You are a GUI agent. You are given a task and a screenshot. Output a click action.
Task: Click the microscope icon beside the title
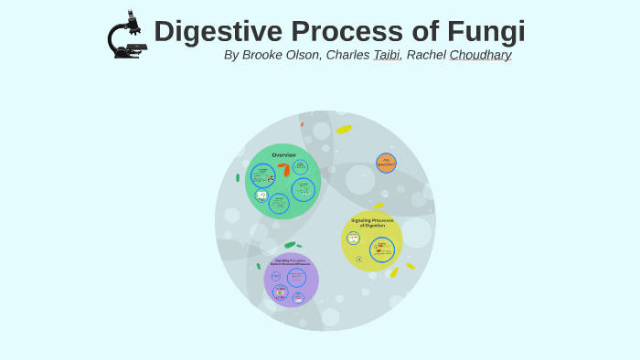pyautogui.click(x=126, y=36)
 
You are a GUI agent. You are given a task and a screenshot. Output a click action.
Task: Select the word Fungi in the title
pyautogui.click(x=485, y=31)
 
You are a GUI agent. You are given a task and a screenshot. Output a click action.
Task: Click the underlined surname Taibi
pyautogui.click(x=386, y=55)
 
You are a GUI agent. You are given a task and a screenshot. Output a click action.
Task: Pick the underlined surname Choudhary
pyautogui.click(x=480, y=55)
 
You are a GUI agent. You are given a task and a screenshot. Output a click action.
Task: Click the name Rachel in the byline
pyautogui.click(x=426, y=55)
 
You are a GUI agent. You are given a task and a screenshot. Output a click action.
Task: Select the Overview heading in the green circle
pyautogui.click(x=283, y=154)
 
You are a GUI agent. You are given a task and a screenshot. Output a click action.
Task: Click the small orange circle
pyautogui.click(x=386, y=163)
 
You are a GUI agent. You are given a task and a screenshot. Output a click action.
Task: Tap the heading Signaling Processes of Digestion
pyautogui.click(x=372, y=222)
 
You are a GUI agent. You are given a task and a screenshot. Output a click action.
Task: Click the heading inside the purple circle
pyautogui.click(x=291, y=262)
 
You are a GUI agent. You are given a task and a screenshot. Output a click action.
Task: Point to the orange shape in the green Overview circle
pyautogui.click(x=285, y=169)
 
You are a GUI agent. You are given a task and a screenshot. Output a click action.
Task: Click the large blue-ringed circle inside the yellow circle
pyautogui.click(x=382, y=249)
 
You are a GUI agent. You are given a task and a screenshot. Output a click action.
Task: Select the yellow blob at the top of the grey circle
pyautogui.click(x=344, y=130)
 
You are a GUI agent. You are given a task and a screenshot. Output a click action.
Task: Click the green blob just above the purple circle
pyautogui.click(x=290, y=245)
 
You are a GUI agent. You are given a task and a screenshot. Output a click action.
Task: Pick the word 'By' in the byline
pyautogui.click(x=231, y=55)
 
